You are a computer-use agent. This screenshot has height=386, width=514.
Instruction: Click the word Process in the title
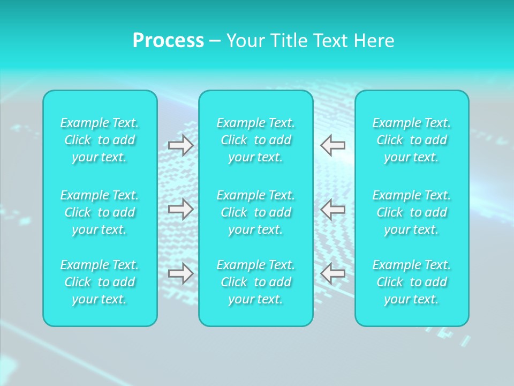[168, 41]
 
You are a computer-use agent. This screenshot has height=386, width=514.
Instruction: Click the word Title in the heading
[285, 41]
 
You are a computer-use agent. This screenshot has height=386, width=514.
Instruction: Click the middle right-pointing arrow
[181, 209]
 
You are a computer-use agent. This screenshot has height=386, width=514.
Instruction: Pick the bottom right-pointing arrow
[181, 273]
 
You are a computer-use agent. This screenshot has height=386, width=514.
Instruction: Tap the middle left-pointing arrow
[333, 209]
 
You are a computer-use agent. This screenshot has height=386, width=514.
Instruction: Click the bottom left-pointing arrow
[333, 273]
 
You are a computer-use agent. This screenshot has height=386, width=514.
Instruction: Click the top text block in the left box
[100, 140]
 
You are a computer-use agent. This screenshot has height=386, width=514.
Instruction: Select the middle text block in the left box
[100, 212]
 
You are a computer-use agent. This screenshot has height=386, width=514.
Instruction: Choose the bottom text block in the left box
[100, 282]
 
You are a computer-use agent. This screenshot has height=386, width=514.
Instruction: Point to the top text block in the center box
[256, 140]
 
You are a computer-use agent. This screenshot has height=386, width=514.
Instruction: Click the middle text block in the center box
[256, 212]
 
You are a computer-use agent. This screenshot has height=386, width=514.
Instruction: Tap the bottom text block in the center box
[256, 282]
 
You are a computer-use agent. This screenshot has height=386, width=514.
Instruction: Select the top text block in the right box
[412, 140]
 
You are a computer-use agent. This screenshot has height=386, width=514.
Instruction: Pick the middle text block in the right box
[412, 212]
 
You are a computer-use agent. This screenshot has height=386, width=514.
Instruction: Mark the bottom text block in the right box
[412, 282]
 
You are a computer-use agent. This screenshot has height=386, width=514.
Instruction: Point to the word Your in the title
[244, 41]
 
